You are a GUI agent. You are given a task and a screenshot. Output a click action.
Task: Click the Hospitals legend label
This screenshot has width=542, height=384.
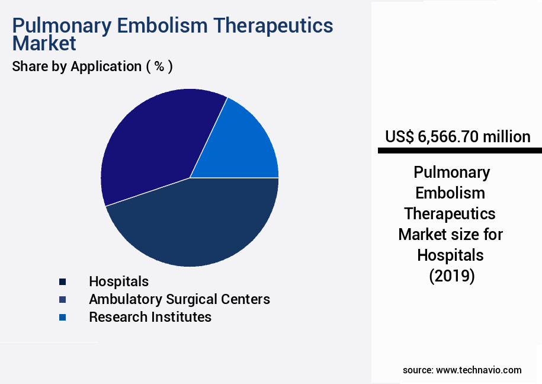click(118, 281)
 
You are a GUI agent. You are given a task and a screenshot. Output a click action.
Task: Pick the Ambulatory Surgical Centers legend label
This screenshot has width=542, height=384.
click(179, 299)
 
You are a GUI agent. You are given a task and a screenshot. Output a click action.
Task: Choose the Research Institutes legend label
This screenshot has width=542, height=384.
click(150, 317)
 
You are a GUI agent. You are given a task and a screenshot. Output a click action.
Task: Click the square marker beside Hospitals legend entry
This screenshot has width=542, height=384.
click(62, 282)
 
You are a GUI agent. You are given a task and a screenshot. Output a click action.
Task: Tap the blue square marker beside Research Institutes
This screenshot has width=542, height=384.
click(62, 318)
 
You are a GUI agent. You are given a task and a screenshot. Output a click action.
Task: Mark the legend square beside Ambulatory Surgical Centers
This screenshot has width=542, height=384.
click(62, 300)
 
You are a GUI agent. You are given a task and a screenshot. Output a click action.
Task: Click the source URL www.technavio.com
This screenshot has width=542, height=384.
click(479, 370)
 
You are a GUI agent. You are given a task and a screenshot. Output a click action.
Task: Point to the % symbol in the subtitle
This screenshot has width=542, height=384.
click(159, 66)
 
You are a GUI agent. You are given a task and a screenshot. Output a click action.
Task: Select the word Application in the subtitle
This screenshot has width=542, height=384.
click(105, 66)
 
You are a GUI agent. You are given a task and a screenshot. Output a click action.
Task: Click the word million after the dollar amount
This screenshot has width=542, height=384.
click(506, 137)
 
